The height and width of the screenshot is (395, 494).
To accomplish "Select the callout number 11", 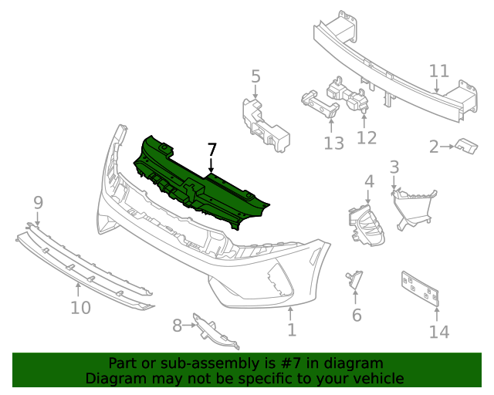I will tap(438, 72).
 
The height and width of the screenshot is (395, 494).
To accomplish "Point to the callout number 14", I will tap(438, 332).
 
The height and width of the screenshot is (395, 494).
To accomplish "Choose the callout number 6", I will tap(356, 315).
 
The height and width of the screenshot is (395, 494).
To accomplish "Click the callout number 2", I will tap(434, 146).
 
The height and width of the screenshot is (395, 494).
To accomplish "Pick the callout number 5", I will tap(255, 76).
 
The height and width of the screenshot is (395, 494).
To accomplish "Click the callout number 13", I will tap(333, 143).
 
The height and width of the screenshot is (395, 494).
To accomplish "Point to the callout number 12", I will tap(367, 137).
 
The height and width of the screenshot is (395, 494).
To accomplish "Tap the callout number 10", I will tap(80, 308).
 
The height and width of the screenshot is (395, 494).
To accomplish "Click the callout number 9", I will tap(38, 203).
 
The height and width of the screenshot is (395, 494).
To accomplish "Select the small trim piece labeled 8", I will tap(212, 330).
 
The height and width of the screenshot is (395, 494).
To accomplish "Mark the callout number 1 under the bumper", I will tap(291, 330).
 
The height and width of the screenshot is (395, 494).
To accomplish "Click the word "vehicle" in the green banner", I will tap(374, 378).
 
